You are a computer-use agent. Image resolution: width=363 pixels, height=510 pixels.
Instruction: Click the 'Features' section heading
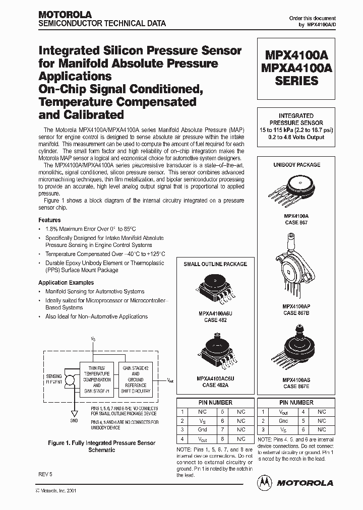click(x=49, y=220)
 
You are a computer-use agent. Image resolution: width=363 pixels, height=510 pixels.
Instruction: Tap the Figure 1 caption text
click(x=101, y=447)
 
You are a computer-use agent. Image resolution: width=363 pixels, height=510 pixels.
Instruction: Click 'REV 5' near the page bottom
click(x=45, y=475)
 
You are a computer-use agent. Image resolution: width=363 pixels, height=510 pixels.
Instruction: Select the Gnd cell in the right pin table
click(x=283, y=421)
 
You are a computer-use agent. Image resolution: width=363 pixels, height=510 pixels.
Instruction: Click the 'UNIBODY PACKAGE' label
click(x=296, y=165)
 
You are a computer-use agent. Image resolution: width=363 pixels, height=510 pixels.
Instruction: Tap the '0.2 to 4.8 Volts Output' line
click(x=296, y=138)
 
